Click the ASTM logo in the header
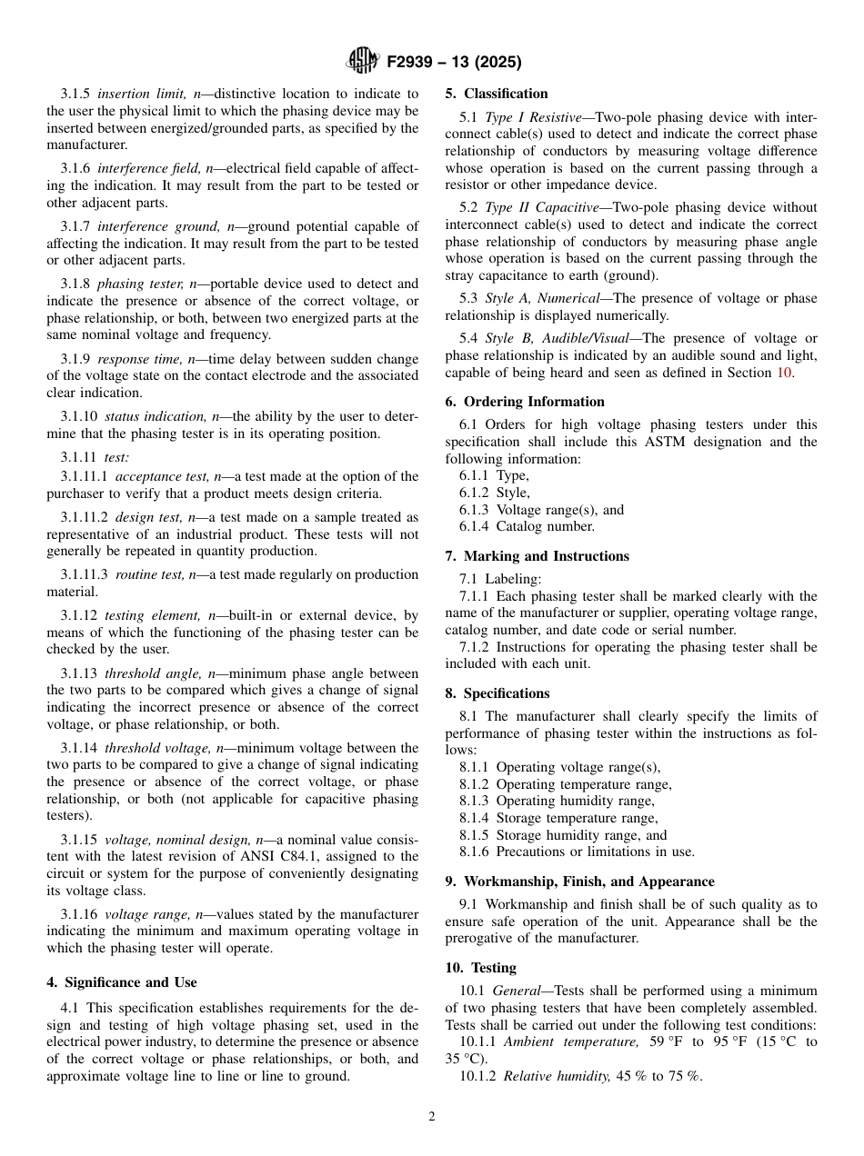(364, 62)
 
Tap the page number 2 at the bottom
(432, 1117)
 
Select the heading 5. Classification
(497, 94)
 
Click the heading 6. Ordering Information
(525, 402)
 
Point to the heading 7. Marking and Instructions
(537, 556)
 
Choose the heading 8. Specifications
(497, 693)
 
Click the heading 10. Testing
(480, 968)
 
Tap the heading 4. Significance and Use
(122, 982)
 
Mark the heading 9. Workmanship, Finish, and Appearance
(579, 882)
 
